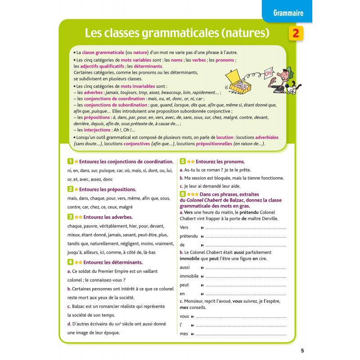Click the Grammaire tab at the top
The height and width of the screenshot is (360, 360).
[288, 13]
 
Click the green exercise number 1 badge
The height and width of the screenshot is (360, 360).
[70, 161]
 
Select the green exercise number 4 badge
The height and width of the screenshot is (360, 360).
[70, 262]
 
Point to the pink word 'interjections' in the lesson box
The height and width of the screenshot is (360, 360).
[94, 130]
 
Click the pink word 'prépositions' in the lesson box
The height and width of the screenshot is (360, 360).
[94, 117]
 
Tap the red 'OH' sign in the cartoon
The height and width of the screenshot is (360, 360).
[269, 73]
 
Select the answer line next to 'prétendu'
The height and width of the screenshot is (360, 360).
[245, 236]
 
